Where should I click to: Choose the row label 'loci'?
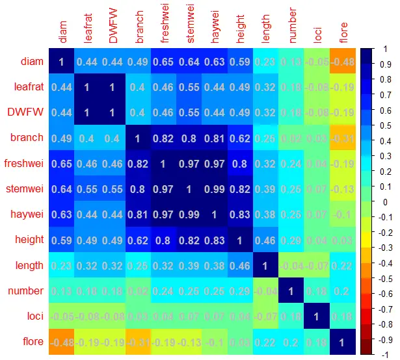tap(33, 317)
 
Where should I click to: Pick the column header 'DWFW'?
tap(113, 30)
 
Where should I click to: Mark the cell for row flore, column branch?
tap(138, 342)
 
